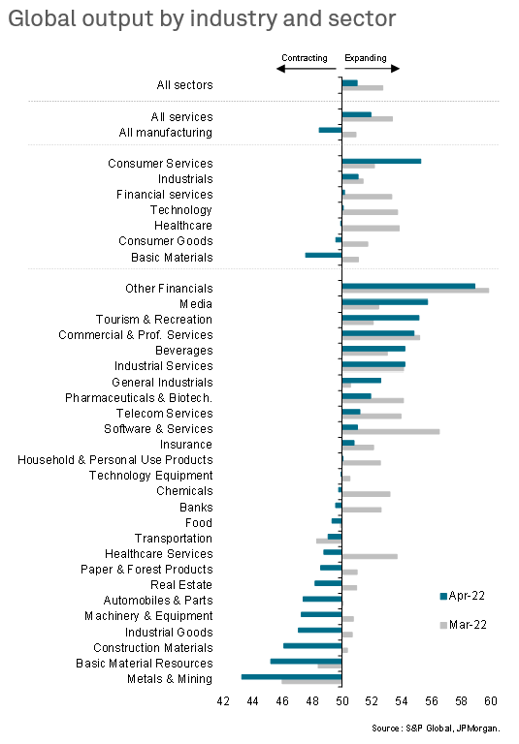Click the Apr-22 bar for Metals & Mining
[x=291, y=676]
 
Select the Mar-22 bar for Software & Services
[x=391, y=432]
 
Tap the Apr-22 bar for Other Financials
[x=408, y=286]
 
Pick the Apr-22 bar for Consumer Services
[x=381, y=161]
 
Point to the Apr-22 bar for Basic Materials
[x=323, y=255]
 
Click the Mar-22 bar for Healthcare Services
[x=370, y=557]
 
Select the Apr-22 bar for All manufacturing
[x=330, y=130]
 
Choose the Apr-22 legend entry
[x=463, y=596]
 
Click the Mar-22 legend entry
[x=464, y=625]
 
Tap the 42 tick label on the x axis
[x=223, y=700]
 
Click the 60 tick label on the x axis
[x=491, y=700]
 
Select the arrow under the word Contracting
[x=307, y=69]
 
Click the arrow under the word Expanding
[x=373, y=69]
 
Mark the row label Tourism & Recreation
[x=154, y=320]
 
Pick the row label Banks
[x=196, y=508]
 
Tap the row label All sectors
[x=185, y=85]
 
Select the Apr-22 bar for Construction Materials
[x=312, y=645]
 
